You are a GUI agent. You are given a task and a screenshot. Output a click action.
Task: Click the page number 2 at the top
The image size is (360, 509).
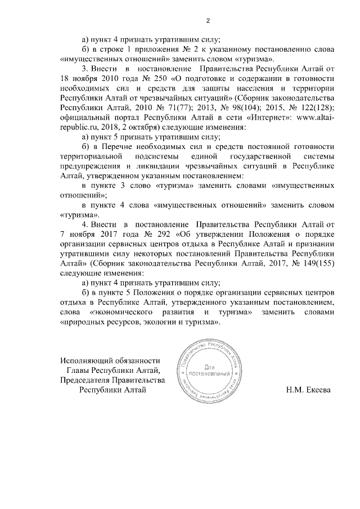point(208,21)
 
